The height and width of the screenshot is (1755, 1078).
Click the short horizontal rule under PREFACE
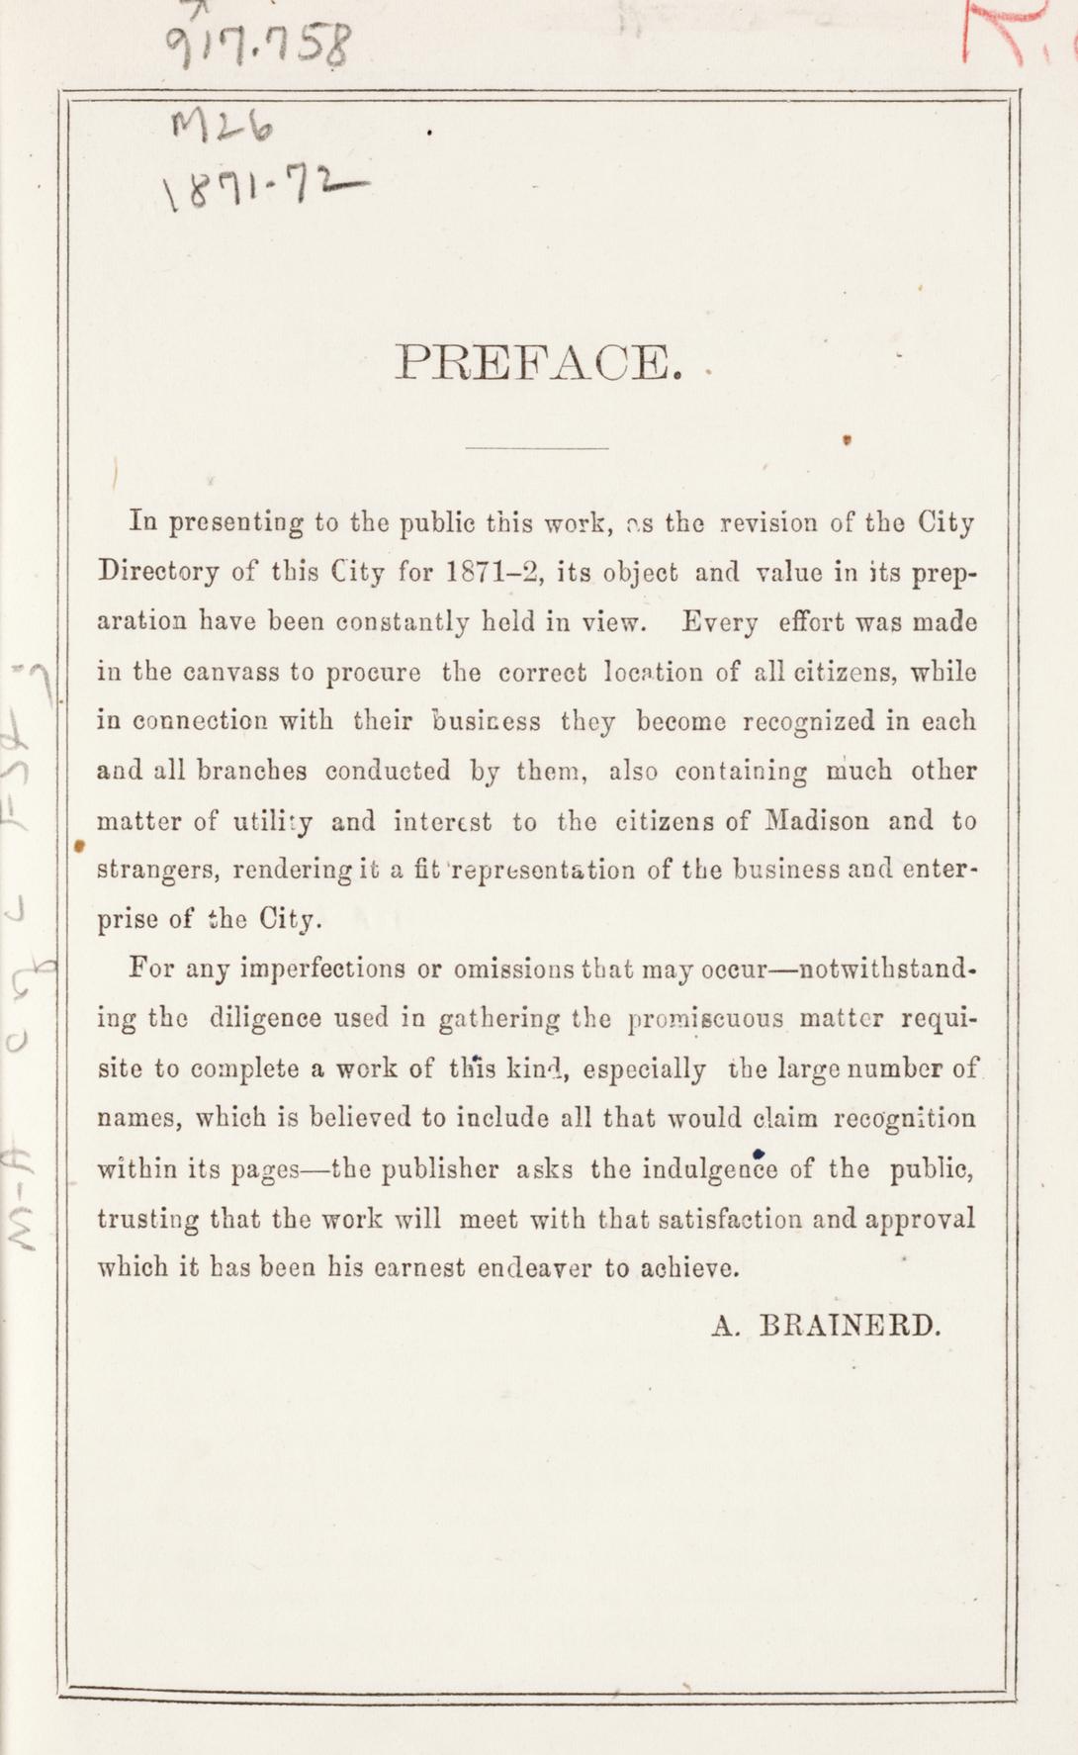(x=537, y=449)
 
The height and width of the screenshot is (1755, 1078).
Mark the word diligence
(x=266, y=1018)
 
